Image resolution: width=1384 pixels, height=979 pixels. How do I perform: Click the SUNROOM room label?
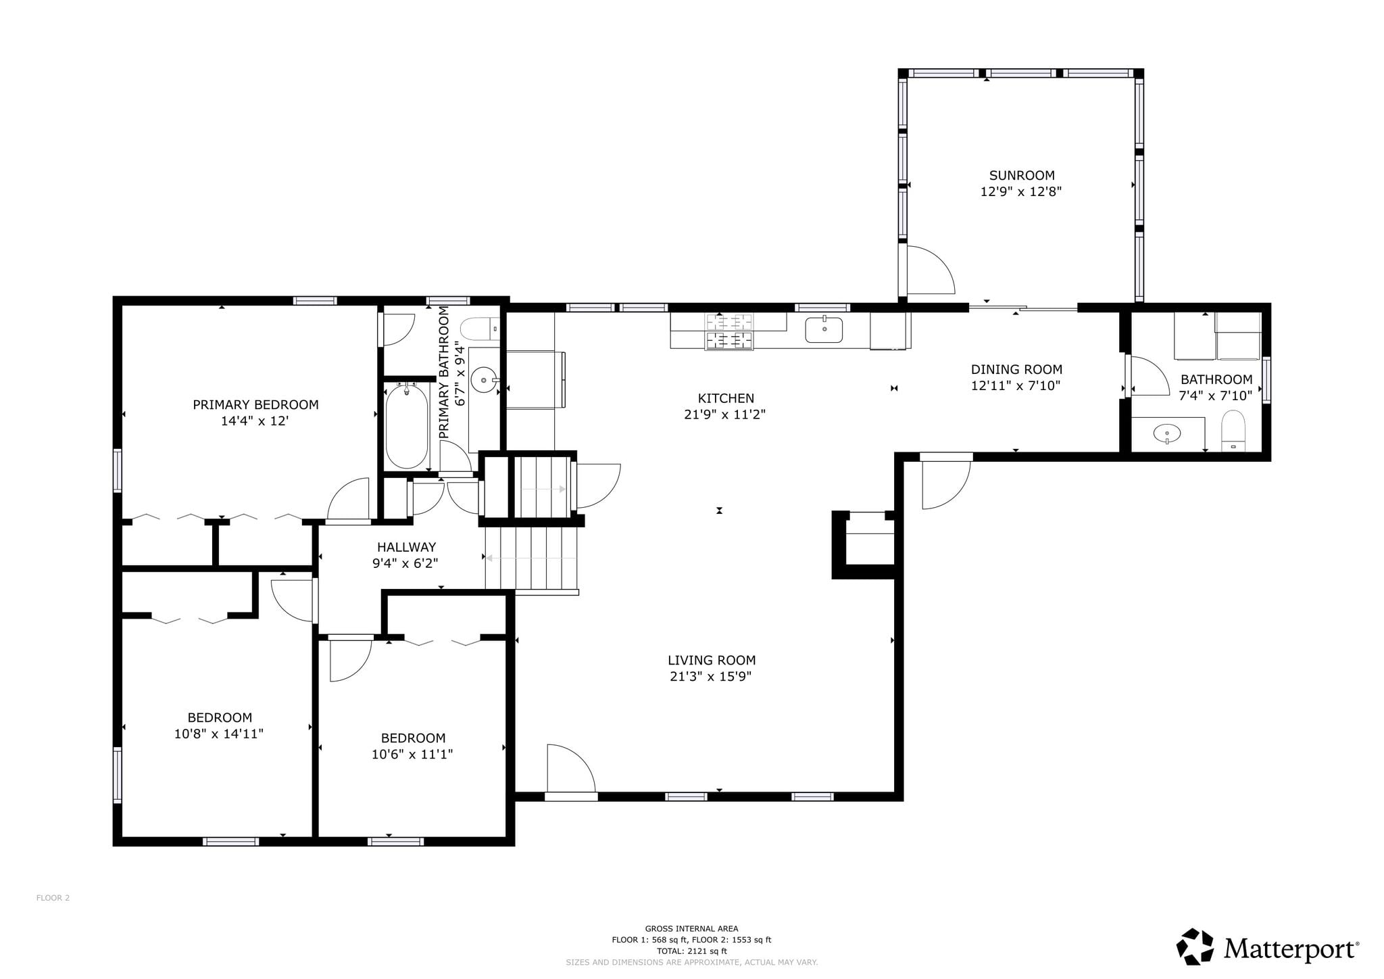tap(1022, 175)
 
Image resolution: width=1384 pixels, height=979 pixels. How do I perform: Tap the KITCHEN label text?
tap(726, 398)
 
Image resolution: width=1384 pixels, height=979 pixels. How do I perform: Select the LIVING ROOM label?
tap(712, 660)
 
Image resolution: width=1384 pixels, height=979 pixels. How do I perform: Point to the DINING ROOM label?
tap(1016, 369)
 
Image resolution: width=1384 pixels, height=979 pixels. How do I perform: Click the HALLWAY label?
tap(406, 547)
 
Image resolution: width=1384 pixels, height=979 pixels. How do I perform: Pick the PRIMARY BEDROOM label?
tap(255, 404)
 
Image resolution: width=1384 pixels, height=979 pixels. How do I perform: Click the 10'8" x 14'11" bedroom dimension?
tap(219, 734)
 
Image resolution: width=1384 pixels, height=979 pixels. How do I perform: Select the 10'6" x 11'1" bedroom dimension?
tap(412, 754)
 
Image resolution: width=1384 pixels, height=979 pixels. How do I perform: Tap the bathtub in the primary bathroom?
tap(406, 425)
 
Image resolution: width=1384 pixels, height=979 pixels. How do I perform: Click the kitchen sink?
tap(824, 329)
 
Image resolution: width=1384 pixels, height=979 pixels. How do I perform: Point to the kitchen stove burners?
tap(729, 331)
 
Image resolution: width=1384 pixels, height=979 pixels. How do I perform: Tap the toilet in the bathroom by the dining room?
tap(1233, 430)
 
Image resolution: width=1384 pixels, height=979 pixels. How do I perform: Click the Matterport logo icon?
tap(1197, 947)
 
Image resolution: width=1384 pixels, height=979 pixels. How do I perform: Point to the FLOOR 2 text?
tap(53, 898)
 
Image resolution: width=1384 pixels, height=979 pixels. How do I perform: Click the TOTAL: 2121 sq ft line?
tap(691, 951)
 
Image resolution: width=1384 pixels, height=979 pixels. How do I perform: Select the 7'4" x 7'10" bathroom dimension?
tap(1216, 396)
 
